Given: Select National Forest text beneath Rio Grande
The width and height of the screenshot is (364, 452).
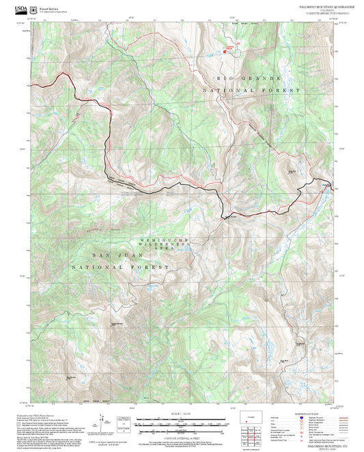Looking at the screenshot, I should [252, 90].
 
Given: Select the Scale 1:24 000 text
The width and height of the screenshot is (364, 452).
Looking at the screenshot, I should [182, 412].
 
